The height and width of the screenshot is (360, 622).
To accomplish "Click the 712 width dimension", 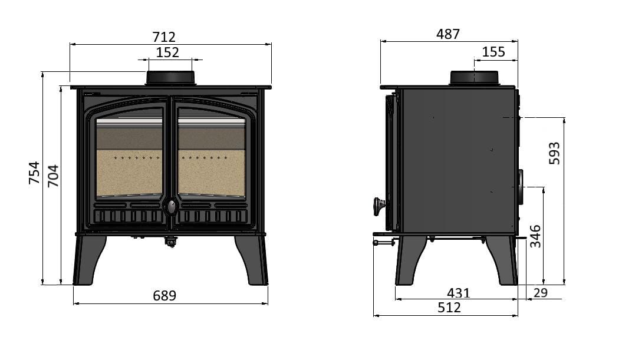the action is point(164,37).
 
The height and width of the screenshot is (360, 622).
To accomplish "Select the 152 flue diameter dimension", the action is point(167,52).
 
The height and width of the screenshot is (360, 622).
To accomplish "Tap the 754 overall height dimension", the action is point(35,173).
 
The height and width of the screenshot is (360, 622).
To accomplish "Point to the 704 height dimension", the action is point(53,176).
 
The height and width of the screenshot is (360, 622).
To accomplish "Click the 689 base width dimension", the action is point(164,296).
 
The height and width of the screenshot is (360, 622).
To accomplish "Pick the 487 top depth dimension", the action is point(448,34).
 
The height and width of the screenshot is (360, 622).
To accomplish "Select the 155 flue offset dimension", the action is point(493,52).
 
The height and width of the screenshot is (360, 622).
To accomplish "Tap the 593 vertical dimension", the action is point(554,153).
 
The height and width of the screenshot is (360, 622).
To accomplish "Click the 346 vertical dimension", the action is point(535,236).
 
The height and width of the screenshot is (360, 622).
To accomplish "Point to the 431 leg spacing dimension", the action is point(458,293).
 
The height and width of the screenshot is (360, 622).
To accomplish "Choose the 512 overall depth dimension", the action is point(449,308).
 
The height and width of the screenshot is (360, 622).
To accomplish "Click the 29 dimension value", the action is point(540,293).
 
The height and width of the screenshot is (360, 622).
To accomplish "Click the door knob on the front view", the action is point(171,207).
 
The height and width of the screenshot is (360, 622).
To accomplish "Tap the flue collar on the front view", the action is point(170,78).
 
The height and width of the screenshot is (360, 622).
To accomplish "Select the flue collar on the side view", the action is point(474,78).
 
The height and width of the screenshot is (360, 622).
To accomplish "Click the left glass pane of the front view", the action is point(129,157).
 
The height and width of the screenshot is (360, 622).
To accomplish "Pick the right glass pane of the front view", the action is point(212,157).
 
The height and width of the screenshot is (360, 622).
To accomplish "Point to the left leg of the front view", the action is point(89,260).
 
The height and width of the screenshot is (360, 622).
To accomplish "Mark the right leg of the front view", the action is point(252,260).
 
